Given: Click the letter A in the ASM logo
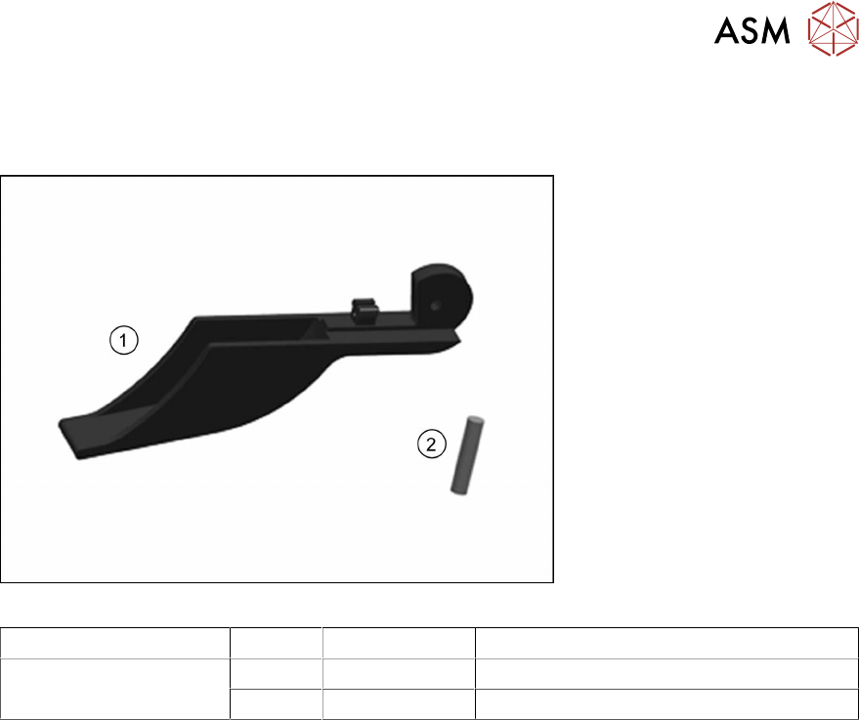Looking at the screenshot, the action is [x=728, y=30].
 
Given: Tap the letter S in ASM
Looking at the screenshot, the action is [x=753, y=30].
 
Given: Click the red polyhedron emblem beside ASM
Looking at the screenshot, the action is [x=834, y=28].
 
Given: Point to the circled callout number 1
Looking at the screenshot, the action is [x=124, y=340].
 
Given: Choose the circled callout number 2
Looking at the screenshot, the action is [x=432, y=444].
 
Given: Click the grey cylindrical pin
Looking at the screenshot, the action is [x=467, y=455].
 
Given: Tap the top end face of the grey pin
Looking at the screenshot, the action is [x=476, y=420].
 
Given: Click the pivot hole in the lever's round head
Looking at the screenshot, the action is [x=436, y=305].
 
